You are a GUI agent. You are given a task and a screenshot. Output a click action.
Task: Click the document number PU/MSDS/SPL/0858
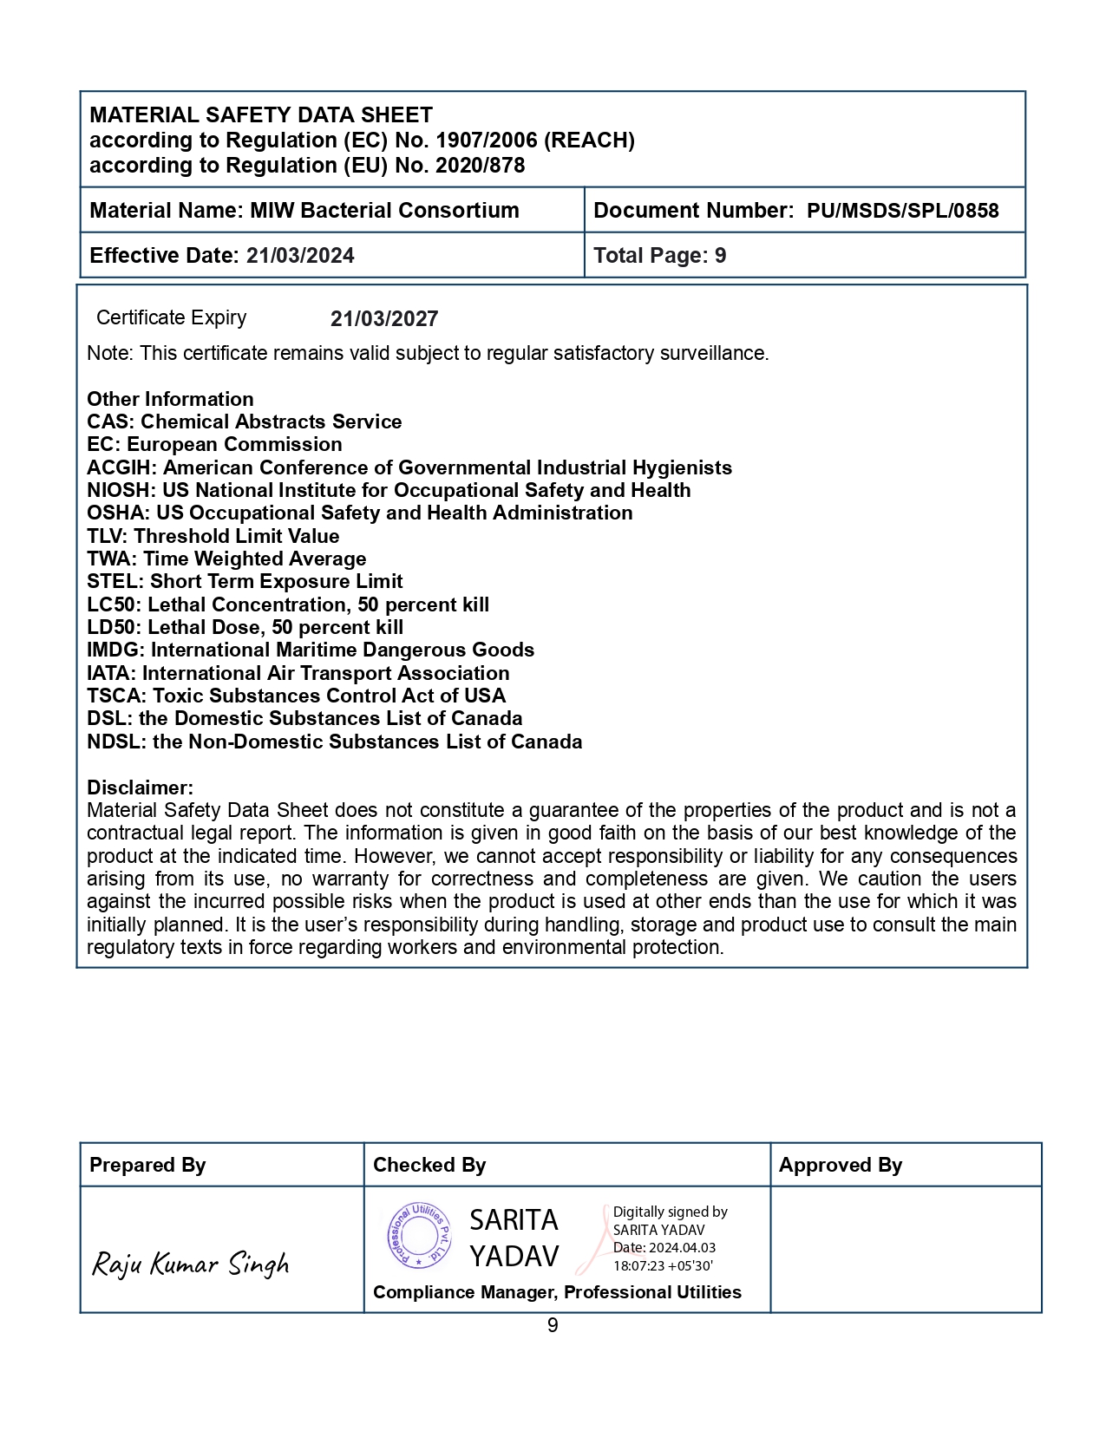point(902,211)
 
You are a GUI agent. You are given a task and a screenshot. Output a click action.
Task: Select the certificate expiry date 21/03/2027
point(384,319)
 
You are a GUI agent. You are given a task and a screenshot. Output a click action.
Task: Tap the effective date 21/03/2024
point(300,256)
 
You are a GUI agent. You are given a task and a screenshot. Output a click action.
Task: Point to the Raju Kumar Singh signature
point(191,1264)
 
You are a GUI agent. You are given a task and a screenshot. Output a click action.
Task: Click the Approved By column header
point(840,1166)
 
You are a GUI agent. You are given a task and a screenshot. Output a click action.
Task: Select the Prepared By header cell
point(147,1166)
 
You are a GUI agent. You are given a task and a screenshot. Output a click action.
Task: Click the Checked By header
point(429,1166)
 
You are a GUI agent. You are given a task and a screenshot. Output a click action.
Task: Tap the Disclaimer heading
point(140,787)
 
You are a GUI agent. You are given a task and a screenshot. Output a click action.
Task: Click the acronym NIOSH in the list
point(120,491)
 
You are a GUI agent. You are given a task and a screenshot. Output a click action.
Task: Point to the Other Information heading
point(170,400)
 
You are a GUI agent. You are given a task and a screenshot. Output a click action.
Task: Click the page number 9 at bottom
point(553,1325)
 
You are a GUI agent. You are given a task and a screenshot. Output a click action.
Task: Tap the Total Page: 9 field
point(659,256)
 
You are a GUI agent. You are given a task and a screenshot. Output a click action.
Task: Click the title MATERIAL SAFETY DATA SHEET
point(261,115)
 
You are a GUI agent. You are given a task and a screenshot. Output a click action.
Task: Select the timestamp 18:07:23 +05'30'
point(663,1265)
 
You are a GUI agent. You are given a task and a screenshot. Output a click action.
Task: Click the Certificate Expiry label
point(171,318)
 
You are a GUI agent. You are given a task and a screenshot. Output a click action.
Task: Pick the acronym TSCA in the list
point(116,696)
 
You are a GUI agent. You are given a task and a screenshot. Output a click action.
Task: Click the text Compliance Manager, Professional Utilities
point(557,1292)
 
